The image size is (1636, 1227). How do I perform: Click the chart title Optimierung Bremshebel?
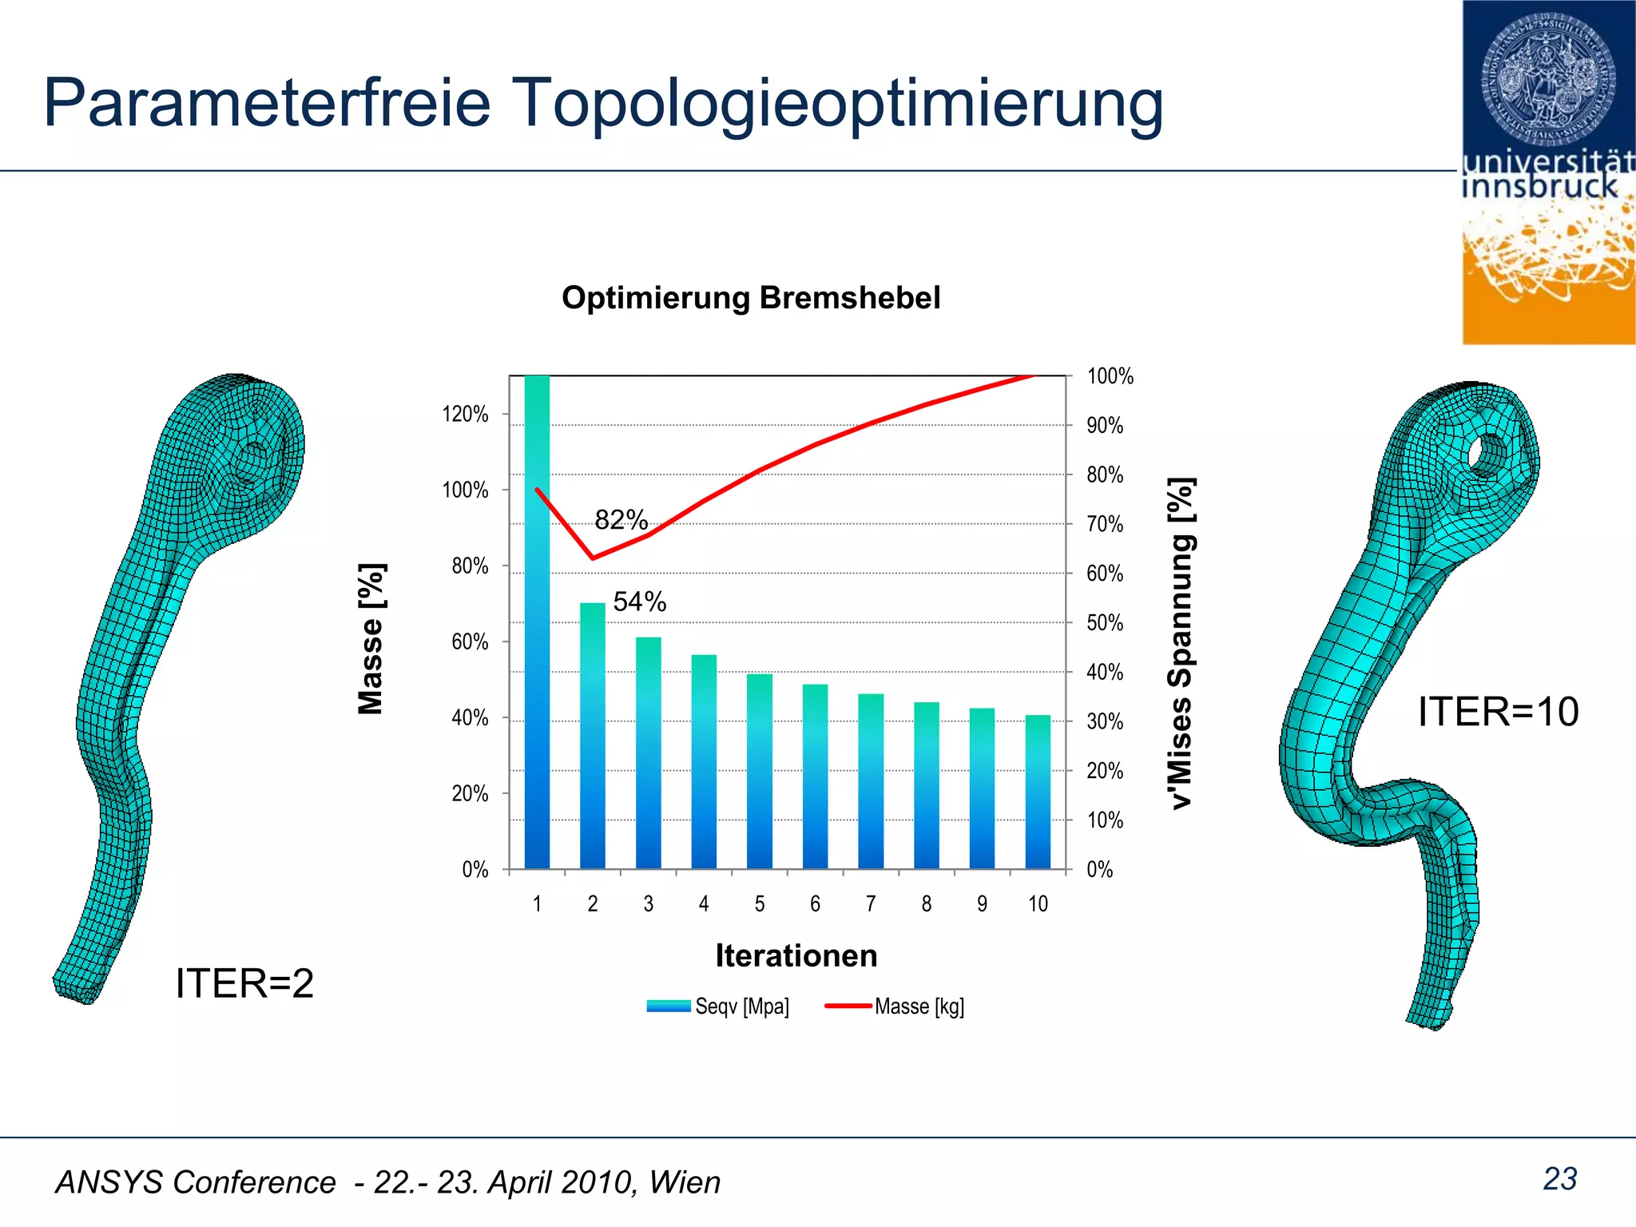pyautogui.click(x=751, y=298)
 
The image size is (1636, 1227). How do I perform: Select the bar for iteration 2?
pyautogui.click(x=593, y=735)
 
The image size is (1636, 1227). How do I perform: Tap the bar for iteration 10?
pyautogui.click(x=1038, y=791)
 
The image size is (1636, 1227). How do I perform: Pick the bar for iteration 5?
pyautogui.click(x=760, y=771)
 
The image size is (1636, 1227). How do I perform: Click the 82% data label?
pyautogui.click(x=621, y=520)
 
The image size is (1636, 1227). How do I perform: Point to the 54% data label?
pyautogui.click(x=640, y=602)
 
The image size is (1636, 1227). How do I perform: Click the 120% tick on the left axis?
pyautogui.click(x=465, y=414)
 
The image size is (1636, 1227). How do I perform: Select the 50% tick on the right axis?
pyautogui.click(x=1105, y=623)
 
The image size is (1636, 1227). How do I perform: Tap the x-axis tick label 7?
pyautogui.click(x=871, y=903)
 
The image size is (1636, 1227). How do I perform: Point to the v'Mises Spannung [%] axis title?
pyautogui.click(x=1181, y=643)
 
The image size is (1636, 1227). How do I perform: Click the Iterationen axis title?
pyautogui.click(x=796, y=955)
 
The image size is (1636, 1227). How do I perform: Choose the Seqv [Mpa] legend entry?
pyautogui.click(x=719, y=1007)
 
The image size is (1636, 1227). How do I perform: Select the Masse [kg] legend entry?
pyautogui.click(x=895, y=1007)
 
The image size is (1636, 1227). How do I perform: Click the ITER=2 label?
pyautogui.click(x=244, y=983)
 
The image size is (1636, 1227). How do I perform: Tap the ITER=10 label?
pyautogui.click(x=1498, y=712)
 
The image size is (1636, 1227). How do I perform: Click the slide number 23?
pyautogui.click(x=1560, y=1179)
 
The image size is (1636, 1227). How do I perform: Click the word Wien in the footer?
pyautogui.click(x=685, y=1182)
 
